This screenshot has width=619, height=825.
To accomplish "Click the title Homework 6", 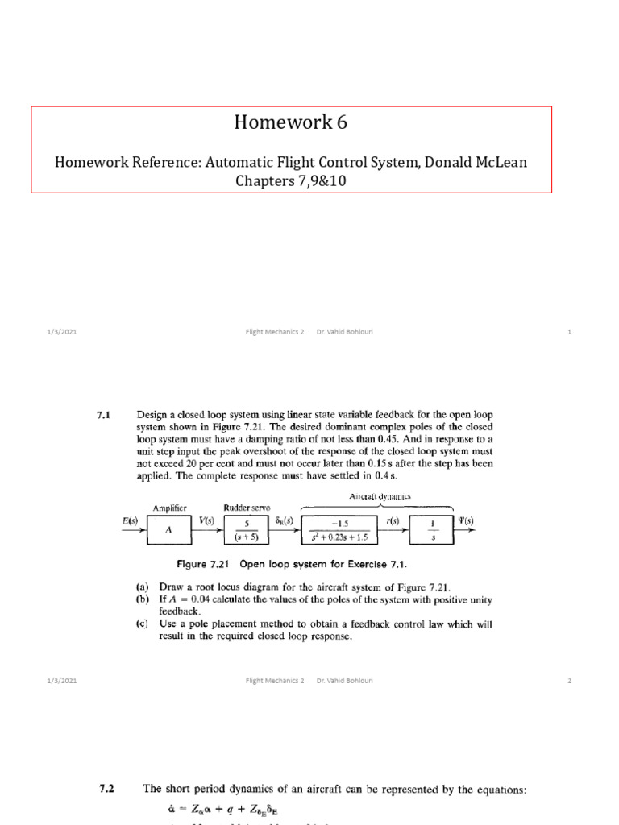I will pos(291,122).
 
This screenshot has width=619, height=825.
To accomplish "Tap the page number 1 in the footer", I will pos(569,332).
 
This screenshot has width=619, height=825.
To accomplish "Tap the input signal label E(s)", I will pos(130,521).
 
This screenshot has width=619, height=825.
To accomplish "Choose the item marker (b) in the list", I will pos(143,600).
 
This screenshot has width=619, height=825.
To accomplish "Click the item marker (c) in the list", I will pos(143,624).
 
